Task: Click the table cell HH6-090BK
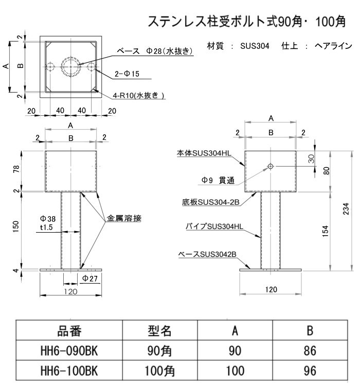click(69, 350)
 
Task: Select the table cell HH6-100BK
click(69, 371)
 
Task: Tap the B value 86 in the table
click(310, 350)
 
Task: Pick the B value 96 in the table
click(310, 371)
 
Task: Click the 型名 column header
click(159, 330)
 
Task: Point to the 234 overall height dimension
click(346, 209)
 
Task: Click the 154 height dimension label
click(326, 231)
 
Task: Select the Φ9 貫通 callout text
click(218, 180)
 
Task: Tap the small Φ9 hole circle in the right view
click(271, 166)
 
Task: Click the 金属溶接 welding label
click(124, 218)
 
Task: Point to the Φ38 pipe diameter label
click(48, 219)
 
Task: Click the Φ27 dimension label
click(90, 278)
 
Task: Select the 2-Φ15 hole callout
click(127, 74)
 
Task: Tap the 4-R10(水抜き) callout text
click(138, 95)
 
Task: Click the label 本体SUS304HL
click(204, 153)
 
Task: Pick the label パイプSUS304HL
click(214, 226)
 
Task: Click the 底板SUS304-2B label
click(211, 202)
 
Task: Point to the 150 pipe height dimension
click(15, 226)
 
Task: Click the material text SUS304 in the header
click(255, 46)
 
